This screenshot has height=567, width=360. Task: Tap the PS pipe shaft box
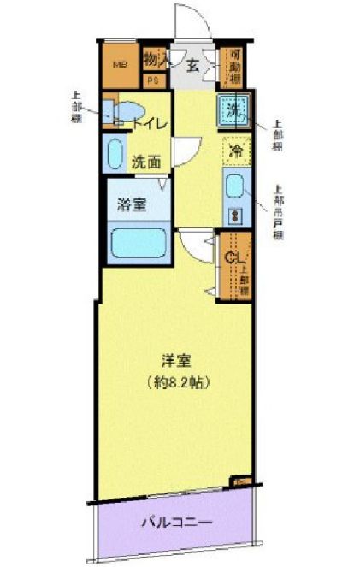154,81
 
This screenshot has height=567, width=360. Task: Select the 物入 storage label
154,60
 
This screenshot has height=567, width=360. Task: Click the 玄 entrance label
193,66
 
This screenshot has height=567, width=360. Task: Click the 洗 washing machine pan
233,110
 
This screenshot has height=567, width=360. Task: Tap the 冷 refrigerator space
234,151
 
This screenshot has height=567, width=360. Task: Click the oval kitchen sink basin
234,185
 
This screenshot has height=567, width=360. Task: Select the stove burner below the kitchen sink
234,214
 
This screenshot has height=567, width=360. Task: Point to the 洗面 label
147,160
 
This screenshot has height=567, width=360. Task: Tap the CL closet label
232,256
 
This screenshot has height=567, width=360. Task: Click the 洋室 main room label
175,359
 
